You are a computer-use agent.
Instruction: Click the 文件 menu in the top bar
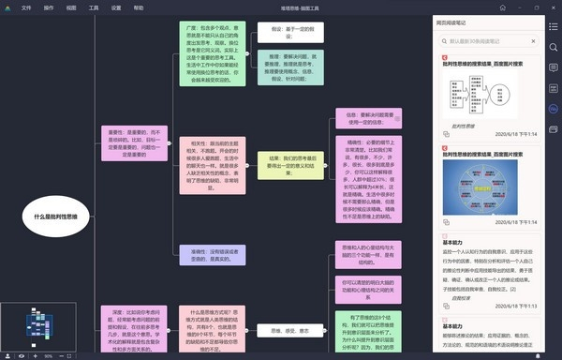(x=25, y=7)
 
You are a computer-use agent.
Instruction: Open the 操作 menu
(x=49, y=7)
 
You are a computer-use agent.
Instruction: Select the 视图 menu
(x=71, y=7)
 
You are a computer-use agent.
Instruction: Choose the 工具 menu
(x=94, y=7)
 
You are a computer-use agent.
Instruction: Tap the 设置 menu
(x=116, y=7)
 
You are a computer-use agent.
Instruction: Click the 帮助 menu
(x=139, y=7)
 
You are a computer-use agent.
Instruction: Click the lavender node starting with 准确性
(x=212, y=256)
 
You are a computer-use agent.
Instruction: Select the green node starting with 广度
(x=212, y=56)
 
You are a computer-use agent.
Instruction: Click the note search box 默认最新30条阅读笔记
(x=487, y=41)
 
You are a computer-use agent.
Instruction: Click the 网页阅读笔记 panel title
(x=455, y=22)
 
